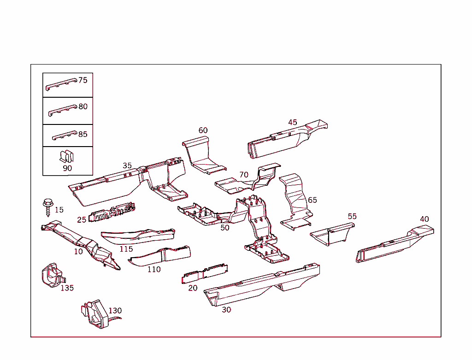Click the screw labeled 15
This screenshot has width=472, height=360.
(x=47, y=208)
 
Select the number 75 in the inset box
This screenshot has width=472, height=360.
(x=83, y=80)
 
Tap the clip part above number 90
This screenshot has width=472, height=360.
(x=67, y=156)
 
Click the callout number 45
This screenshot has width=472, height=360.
(x=293, y=123)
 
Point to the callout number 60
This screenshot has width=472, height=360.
(x=203, y=130)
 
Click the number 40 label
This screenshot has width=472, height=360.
(x=424, y=219)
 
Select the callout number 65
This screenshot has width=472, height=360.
(x=313, y=200)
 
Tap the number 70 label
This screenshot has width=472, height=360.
(x=244, y=175)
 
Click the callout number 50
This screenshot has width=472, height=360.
(x=224, y=228)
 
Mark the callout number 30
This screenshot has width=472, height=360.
(x=226, y=310)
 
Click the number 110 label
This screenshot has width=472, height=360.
(x=154, y=269)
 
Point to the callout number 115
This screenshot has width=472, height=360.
(x=126, y=249)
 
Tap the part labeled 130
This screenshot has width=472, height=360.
(x=95, y=313)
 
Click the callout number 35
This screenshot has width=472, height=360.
(x=127, y=166)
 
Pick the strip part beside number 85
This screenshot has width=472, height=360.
(x=63, y=136)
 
